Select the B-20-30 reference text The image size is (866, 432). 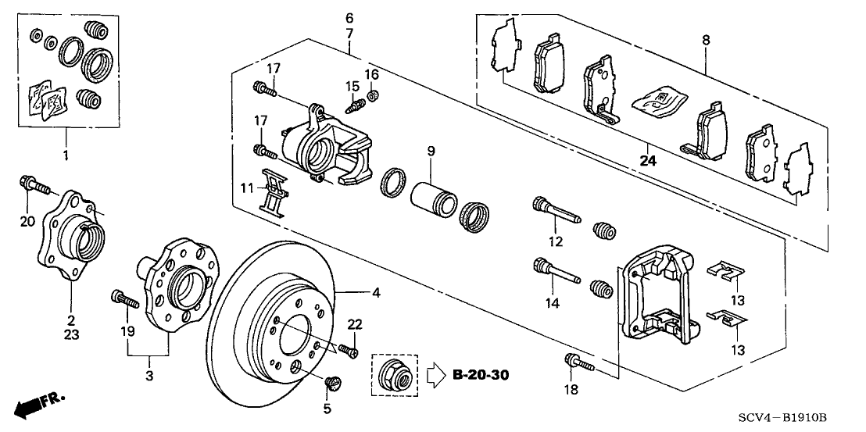[481, 376]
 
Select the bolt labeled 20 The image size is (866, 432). [32, 186]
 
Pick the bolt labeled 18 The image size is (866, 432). [578, 362]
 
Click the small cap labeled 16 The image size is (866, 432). [374, 97]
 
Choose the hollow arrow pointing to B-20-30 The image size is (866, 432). [431, 376]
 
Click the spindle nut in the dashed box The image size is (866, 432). [394, 376]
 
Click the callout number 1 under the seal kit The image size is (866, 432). [66, 156]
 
